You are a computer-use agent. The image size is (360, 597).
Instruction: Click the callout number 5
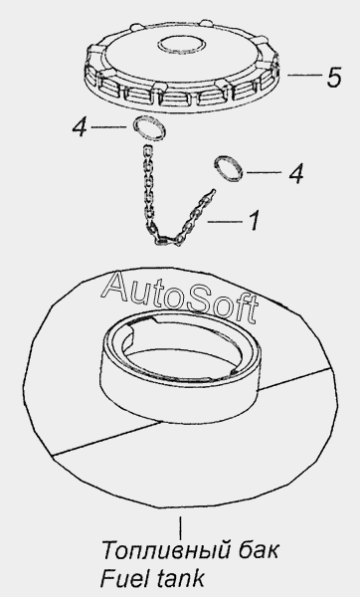(334, 77)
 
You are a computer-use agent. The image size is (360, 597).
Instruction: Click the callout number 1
(255, 221)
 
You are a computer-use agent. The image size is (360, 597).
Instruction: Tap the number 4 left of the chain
(80, 127)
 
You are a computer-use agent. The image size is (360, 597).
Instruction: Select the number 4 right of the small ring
(295, 173)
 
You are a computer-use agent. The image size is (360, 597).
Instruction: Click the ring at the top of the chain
(149, 129)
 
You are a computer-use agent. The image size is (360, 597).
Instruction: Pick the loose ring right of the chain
(229, 169)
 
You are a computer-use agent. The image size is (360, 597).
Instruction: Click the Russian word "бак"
(259, 549)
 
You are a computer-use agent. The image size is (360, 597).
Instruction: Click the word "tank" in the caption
(180, 578)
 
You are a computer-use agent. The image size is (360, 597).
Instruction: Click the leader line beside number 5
(304, 76)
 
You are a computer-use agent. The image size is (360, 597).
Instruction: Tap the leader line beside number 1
(225, 221)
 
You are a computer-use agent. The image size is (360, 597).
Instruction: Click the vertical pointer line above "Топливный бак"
(180, 526)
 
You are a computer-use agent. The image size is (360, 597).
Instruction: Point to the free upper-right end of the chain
(214, 191)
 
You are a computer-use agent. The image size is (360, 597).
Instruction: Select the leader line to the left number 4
(108, 126)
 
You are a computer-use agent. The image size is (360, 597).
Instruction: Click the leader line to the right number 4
(265, 172)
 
